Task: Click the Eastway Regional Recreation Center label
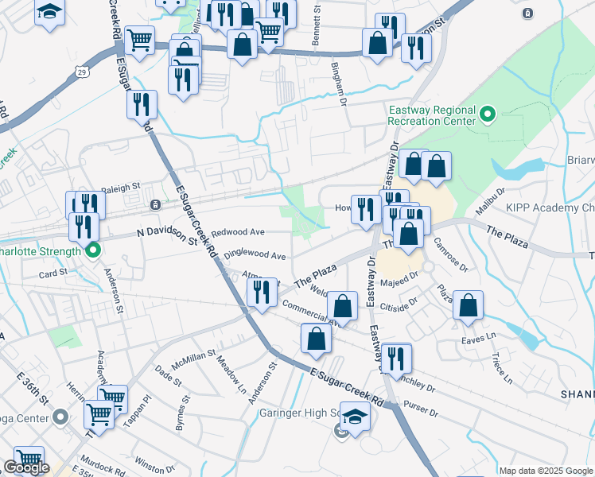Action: click(x=432, y=115)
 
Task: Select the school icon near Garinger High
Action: click(x=354, y=416)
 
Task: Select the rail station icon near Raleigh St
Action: click(x=155, y=204)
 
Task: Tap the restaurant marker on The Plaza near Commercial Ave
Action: click(x=262, y=294)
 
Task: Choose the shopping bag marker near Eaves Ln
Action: click(x=469, y=306)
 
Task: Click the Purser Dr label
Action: click(x=422, y=413)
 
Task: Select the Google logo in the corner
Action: click(x=26, y=467)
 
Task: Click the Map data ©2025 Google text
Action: click(x=546, y=471)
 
